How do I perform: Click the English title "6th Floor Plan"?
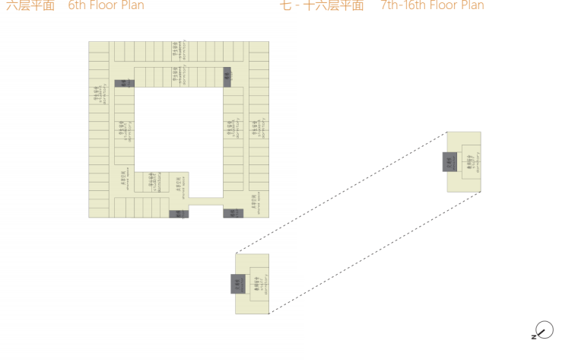pyautogui.click(x=106, y=6)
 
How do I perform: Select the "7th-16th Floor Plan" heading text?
pyautogui.click(x=432, y=6)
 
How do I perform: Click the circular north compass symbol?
pyautogui.click(x=545, y=330)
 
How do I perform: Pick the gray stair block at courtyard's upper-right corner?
pyautogui.click(x=227, y=75)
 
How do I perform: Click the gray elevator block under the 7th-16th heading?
pyautogui.click(x=450, y=161)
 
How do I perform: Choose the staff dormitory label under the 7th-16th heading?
pyautogui.click(x=472, y=162)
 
